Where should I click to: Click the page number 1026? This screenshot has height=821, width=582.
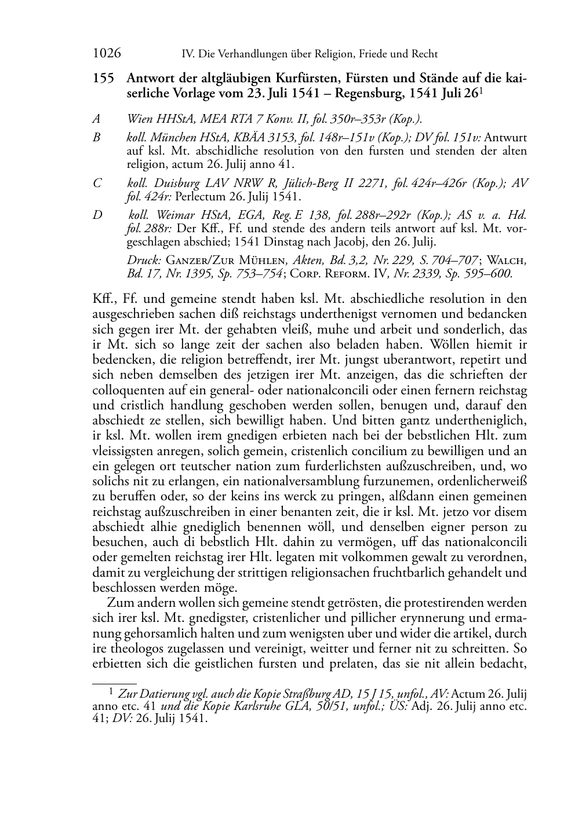pyautogui.click(x=107, y=54)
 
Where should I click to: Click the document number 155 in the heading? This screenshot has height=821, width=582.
pyautogui.click(x=104, y=78)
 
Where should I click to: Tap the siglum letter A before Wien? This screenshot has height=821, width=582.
pyautogui.click(x=96, y=119)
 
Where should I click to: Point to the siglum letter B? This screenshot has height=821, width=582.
pyautogui.click(x=96, y=138)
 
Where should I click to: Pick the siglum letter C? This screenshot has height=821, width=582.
pyautogui.click(x=97, y=183)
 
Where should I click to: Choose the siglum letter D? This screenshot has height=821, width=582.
pyautogui.click(x=97, y=215)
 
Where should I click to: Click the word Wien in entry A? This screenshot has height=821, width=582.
pyautogui.click(x=140, y=119)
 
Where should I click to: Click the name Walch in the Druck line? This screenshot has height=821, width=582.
pyautogui.click(x=507, y=261)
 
